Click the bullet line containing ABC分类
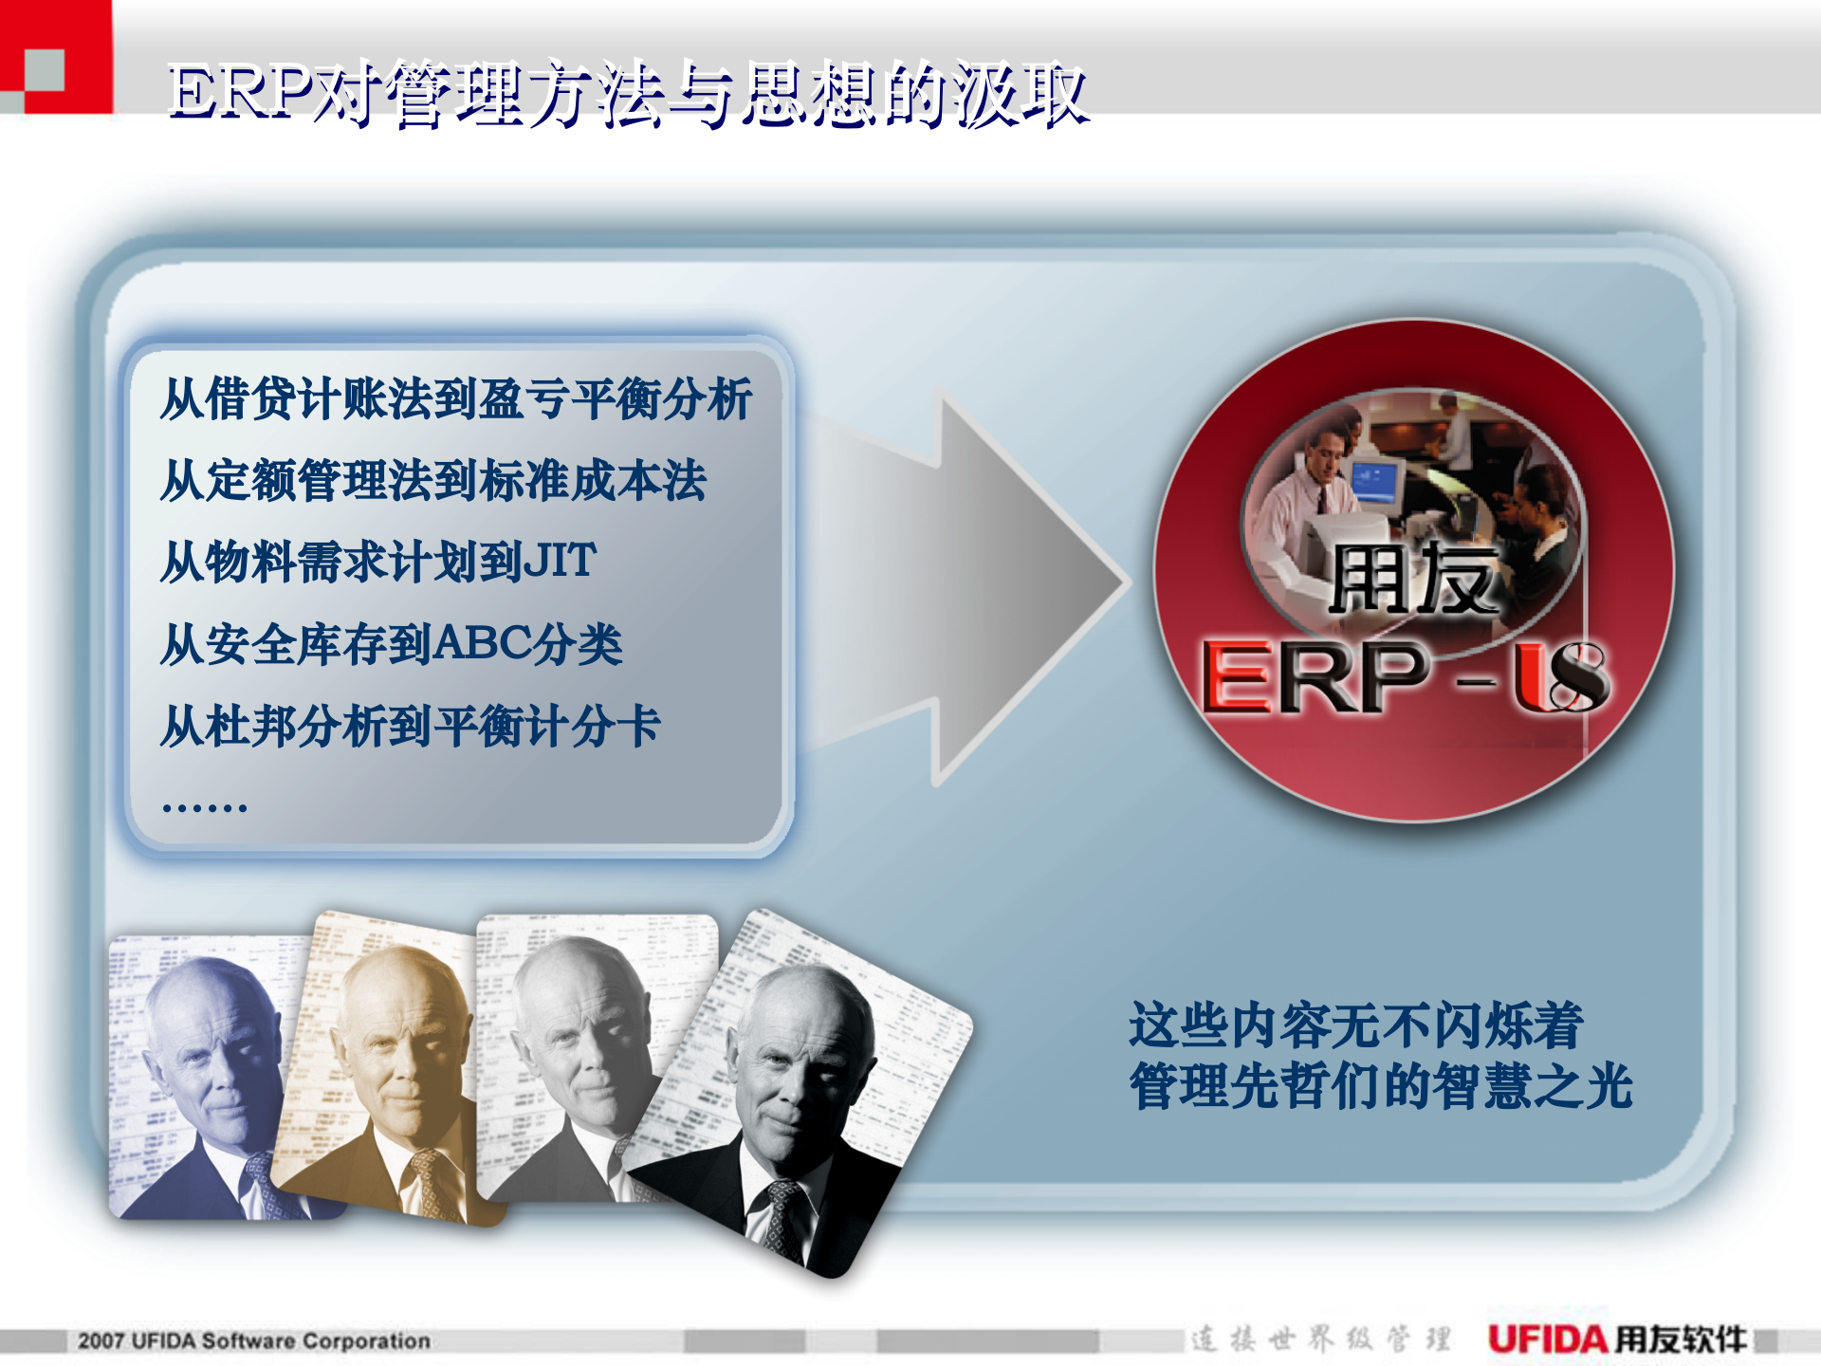coord(391,645)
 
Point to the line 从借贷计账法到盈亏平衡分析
coord(455,398)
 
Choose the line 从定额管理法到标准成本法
coord(432,480)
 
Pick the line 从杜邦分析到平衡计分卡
coord(410,727)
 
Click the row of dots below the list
coord(204,807)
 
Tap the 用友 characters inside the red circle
coord(1413,579)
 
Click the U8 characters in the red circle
coord(1560,675)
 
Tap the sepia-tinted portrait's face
coord(398,1043)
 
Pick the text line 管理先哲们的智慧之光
coord(1380,1086)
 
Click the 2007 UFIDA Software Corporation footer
coord(253,1340)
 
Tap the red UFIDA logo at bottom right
coord(1548,1338)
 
